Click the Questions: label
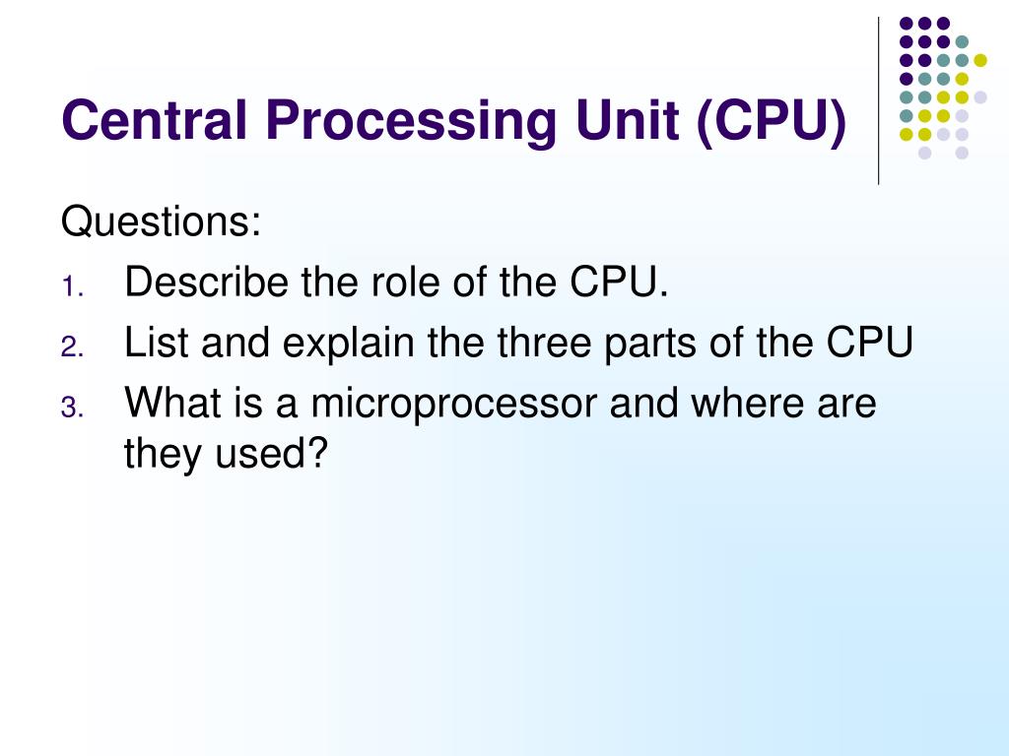tap(162, 221)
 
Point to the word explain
tap(345, 345)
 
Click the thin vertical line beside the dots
tap(878, 99)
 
